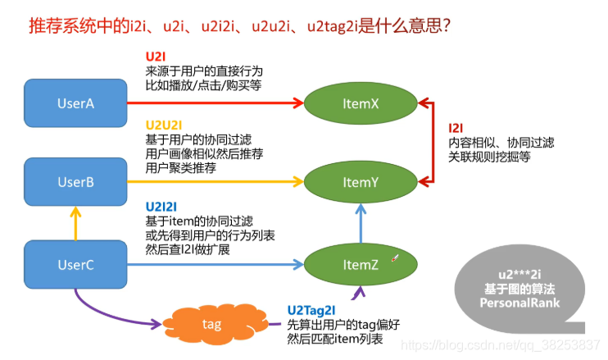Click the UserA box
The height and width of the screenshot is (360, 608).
[75, 103]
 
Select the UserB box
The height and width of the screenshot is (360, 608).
[75, 182]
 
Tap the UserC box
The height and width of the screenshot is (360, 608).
[75, 264]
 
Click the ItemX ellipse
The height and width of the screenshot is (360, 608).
[361, 104]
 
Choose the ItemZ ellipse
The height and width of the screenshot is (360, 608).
[361, 264]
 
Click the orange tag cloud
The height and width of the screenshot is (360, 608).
[211, 325]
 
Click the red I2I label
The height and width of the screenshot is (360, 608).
[456, 128]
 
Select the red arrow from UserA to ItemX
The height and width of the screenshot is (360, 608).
[213, 103]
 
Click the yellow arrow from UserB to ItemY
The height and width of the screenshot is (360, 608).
[213, 182]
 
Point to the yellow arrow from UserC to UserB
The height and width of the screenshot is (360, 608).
[75, 223]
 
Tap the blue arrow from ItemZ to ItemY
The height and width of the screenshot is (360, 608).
[361, 223]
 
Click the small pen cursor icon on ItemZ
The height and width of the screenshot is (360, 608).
[395, 258]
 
